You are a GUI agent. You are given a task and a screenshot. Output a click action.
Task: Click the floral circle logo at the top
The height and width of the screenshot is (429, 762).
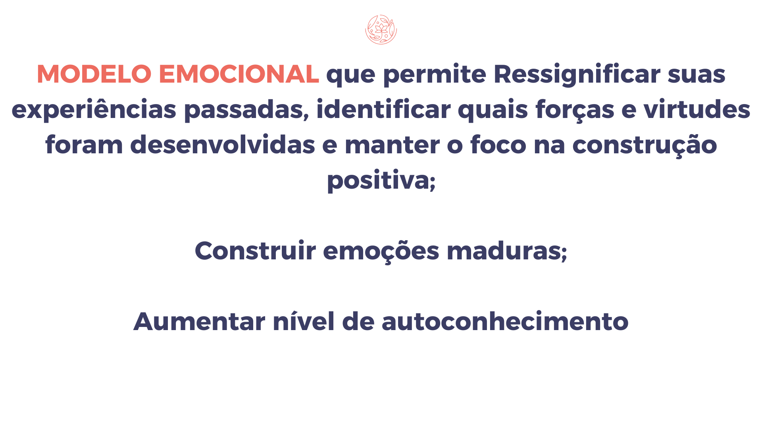[381, 29]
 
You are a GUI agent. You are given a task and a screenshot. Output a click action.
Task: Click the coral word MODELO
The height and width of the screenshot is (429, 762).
[94, 74]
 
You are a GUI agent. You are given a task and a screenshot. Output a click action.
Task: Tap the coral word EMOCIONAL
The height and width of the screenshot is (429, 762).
[239, 74]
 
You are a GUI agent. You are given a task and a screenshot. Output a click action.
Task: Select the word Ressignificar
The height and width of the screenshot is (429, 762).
[577, 75]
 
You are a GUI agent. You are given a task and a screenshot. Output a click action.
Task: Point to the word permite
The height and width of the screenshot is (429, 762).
[435, 75]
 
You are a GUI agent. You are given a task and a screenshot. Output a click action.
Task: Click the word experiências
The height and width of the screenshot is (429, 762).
[94, 110]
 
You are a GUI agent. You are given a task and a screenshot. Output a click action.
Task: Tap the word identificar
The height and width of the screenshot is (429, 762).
[383, 110]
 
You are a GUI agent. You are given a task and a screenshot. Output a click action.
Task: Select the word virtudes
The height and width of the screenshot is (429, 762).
[697, 110]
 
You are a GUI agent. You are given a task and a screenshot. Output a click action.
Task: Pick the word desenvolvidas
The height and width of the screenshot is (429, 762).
[223, 145]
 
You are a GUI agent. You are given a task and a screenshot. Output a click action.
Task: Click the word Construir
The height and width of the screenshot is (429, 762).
[255, 251]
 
